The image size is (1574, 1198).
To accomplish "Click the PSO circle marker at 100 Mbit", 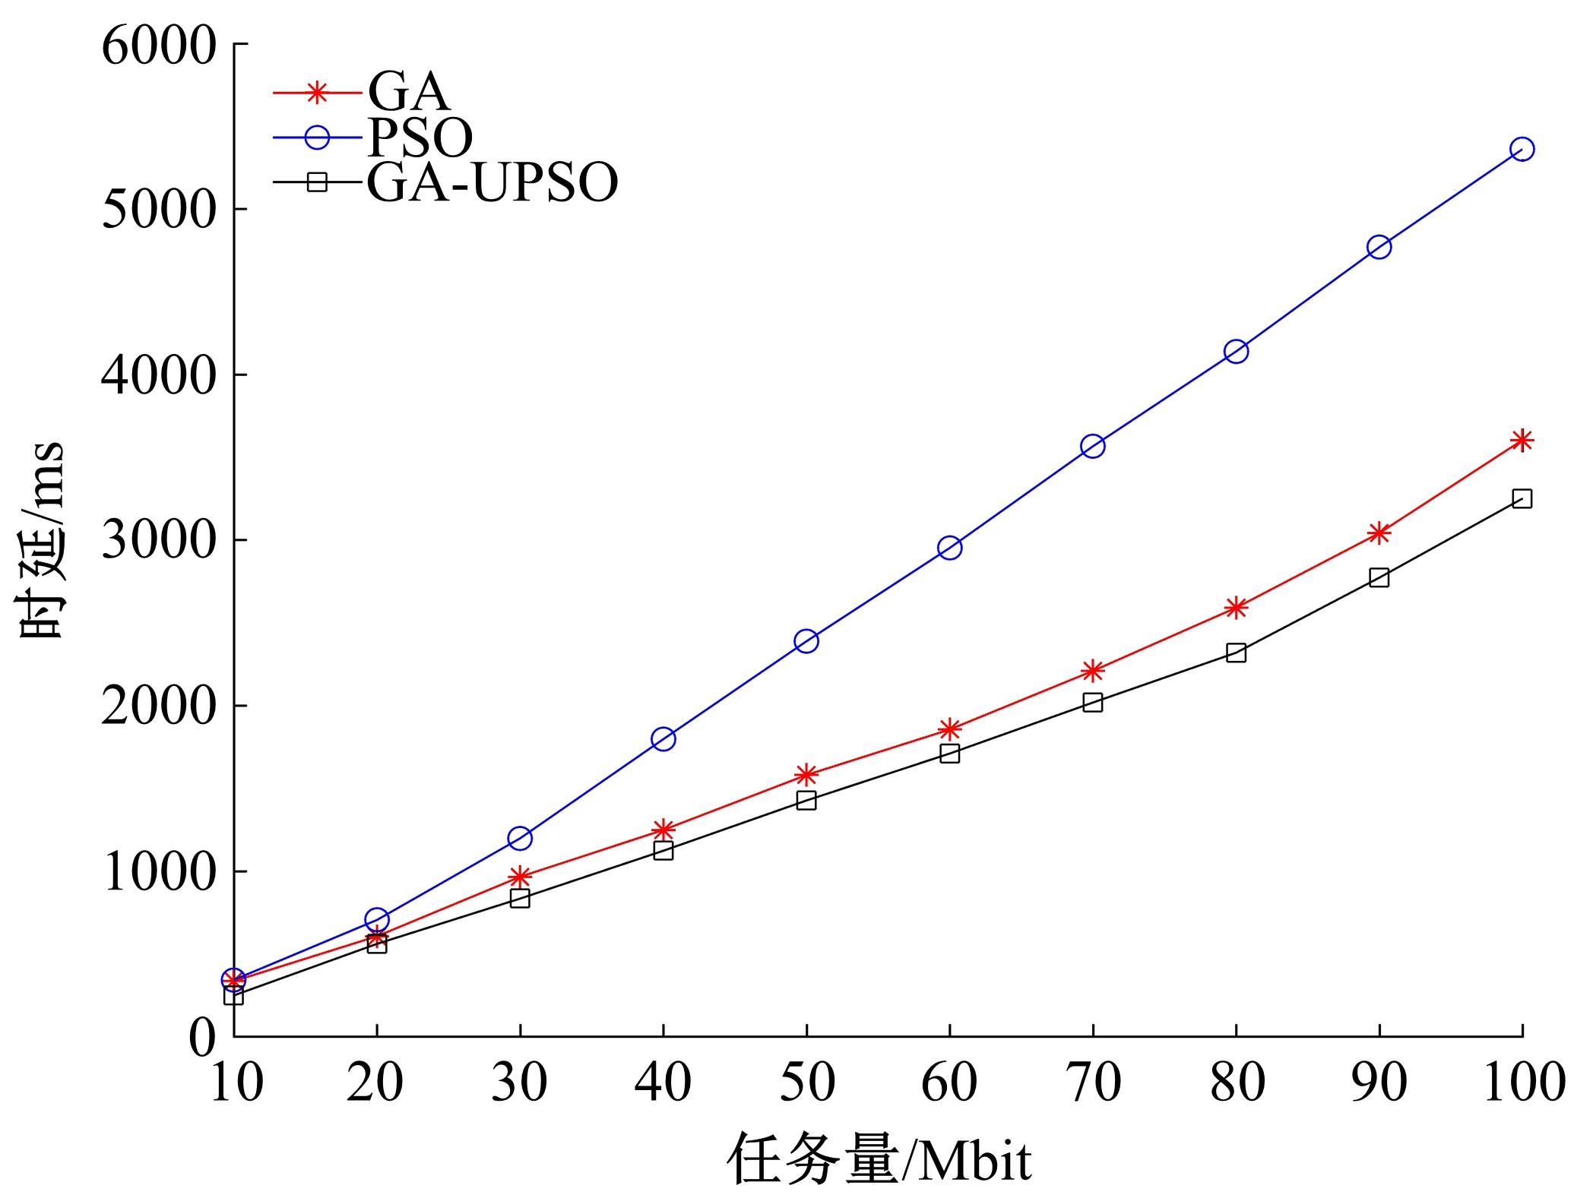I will [1522, 149].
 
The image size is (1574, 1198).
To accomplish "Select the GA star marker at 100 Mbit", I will [1522, 440].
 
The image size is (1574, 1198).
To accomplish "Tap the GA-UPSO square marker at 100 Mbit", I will [1522, 498].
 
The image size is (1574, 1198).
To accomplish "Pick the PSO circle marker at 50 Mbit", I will [806, 640].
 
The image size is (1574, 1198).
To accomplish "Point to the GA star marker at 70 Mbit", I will [1093, 671].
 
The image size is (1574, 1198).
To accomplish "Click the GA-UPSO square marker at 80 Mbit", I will [1236, 653].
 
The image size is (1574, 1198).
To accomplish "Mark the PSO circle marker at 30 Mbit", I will [520, 839].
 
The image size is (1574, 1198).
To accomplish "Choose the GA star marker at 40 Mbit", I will [663, 829].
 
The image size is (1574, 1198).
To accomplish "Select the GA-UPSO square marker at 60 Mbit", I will [949, 753].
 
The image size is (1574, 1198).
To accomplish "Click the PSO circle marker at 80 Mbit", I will [1236, 351].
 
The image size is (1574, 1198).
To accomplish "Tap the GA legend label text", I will [408, 93].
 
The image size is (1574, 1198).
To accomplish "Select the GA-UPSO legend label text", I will [492, 182].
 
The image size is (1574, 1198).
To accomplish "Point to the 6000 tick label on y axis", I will [159, 46].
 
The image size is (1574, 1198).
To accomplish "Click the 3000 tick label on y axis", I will [159, 541].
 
